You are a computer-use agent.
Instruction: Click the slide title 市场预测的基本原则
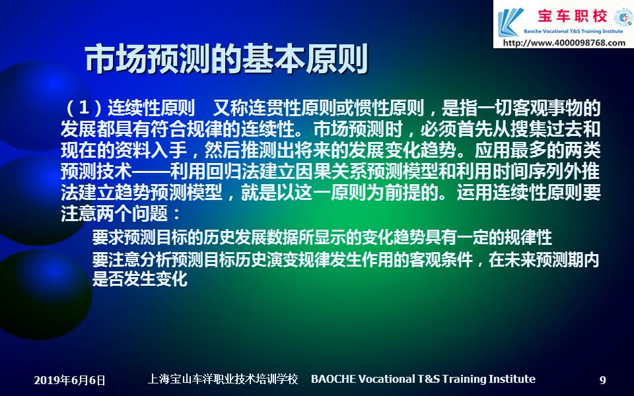click(x=227, y=59)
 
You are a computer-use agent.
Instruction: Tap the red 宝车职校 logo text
click(x=572, y=16)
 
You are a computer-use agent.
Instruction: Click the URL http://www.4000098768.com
click(x=564, y=43)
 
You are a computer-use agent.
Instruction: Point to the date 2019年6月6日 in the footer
click(x=69, y=380)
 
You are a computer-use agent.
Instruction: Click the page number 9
click(x=602, y=380)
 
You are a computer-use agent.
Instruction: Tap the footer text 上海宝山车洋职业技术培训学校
click(x=223, y=379)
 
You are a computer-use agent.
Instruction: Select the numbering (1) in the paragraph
click(x=84, y=108)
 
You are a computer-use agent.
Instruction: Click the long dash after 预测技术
click(x=151, y=172)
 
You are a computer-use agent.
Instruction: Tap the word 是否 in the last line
click(x=108, y=279)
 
